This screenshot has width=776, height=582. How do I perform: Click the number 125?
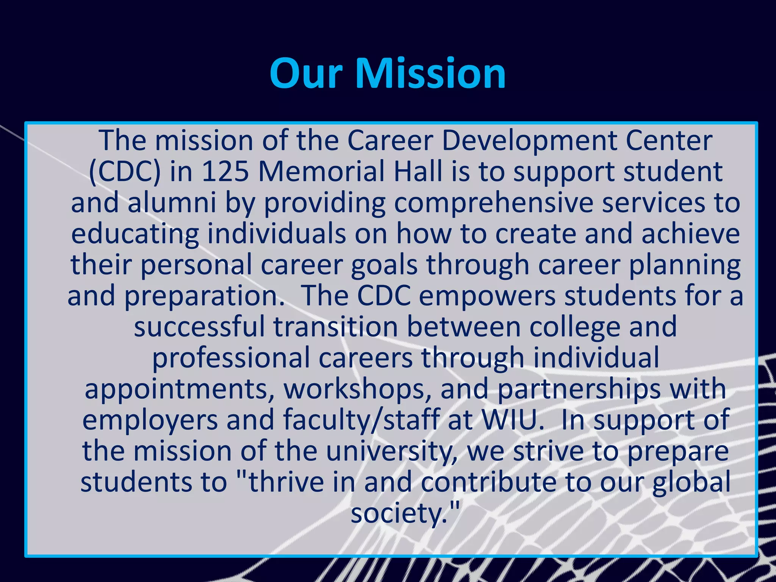(225, 172)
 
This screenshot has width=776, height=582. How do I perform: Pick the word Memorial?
(322, 172)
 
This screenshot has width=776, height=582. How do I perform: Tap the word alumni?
(172, 203)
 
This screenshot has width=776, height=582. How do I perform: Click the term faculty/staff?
(361, 420)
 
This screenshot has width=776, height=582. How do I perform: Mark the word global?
(691, 482)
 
